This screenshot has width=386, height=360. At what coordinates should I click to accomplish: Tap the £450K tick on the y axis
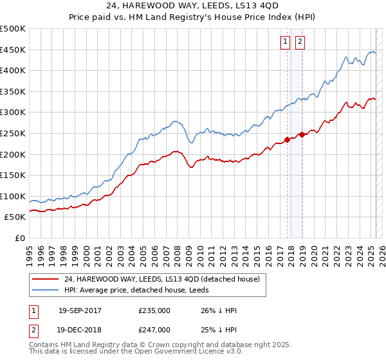[x=13, y=50]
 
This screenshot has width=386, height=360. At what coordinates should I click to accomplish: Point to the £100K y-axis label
[x=13, y=196]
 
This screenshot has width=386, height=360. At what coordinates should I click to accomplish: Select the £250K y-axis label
[x=13, y=133]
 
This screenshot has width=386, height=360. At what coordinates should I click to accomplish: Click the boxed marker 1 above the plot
[x=285, y=42]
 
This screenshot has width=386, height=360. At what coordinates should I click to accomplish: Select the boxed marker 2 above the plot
[x=300, y=42]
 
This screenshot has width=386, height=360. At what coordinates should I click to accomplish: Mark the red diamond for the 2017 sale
[x=288, y=139]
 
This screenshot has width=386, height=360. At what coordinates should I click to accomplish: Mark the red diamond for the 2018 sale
[x=302, y=134]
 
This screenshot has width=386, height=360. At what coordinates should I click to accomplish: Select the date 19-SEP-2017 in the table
[x=80, y=310]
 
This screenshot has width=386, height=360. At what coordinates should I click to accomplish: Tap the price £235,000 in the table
[x=154, y=310]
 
